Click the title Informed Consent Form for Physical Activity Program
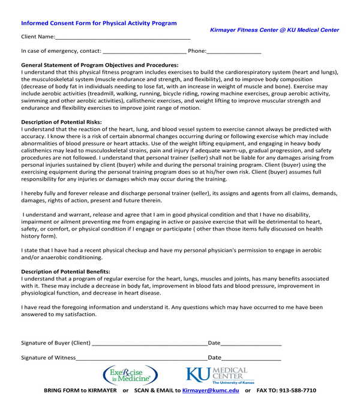point(99,23)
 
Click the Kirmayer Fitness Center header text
point(274,29)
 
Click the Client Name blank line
point(122,37)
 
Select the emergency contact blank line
point(145,52)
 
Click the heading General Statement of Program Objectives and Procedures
point(100,65)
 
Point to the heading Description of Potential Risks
point(61,122)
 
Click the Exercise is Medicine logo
point(131,376)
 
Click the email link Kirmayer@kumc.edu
point(211,391)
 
